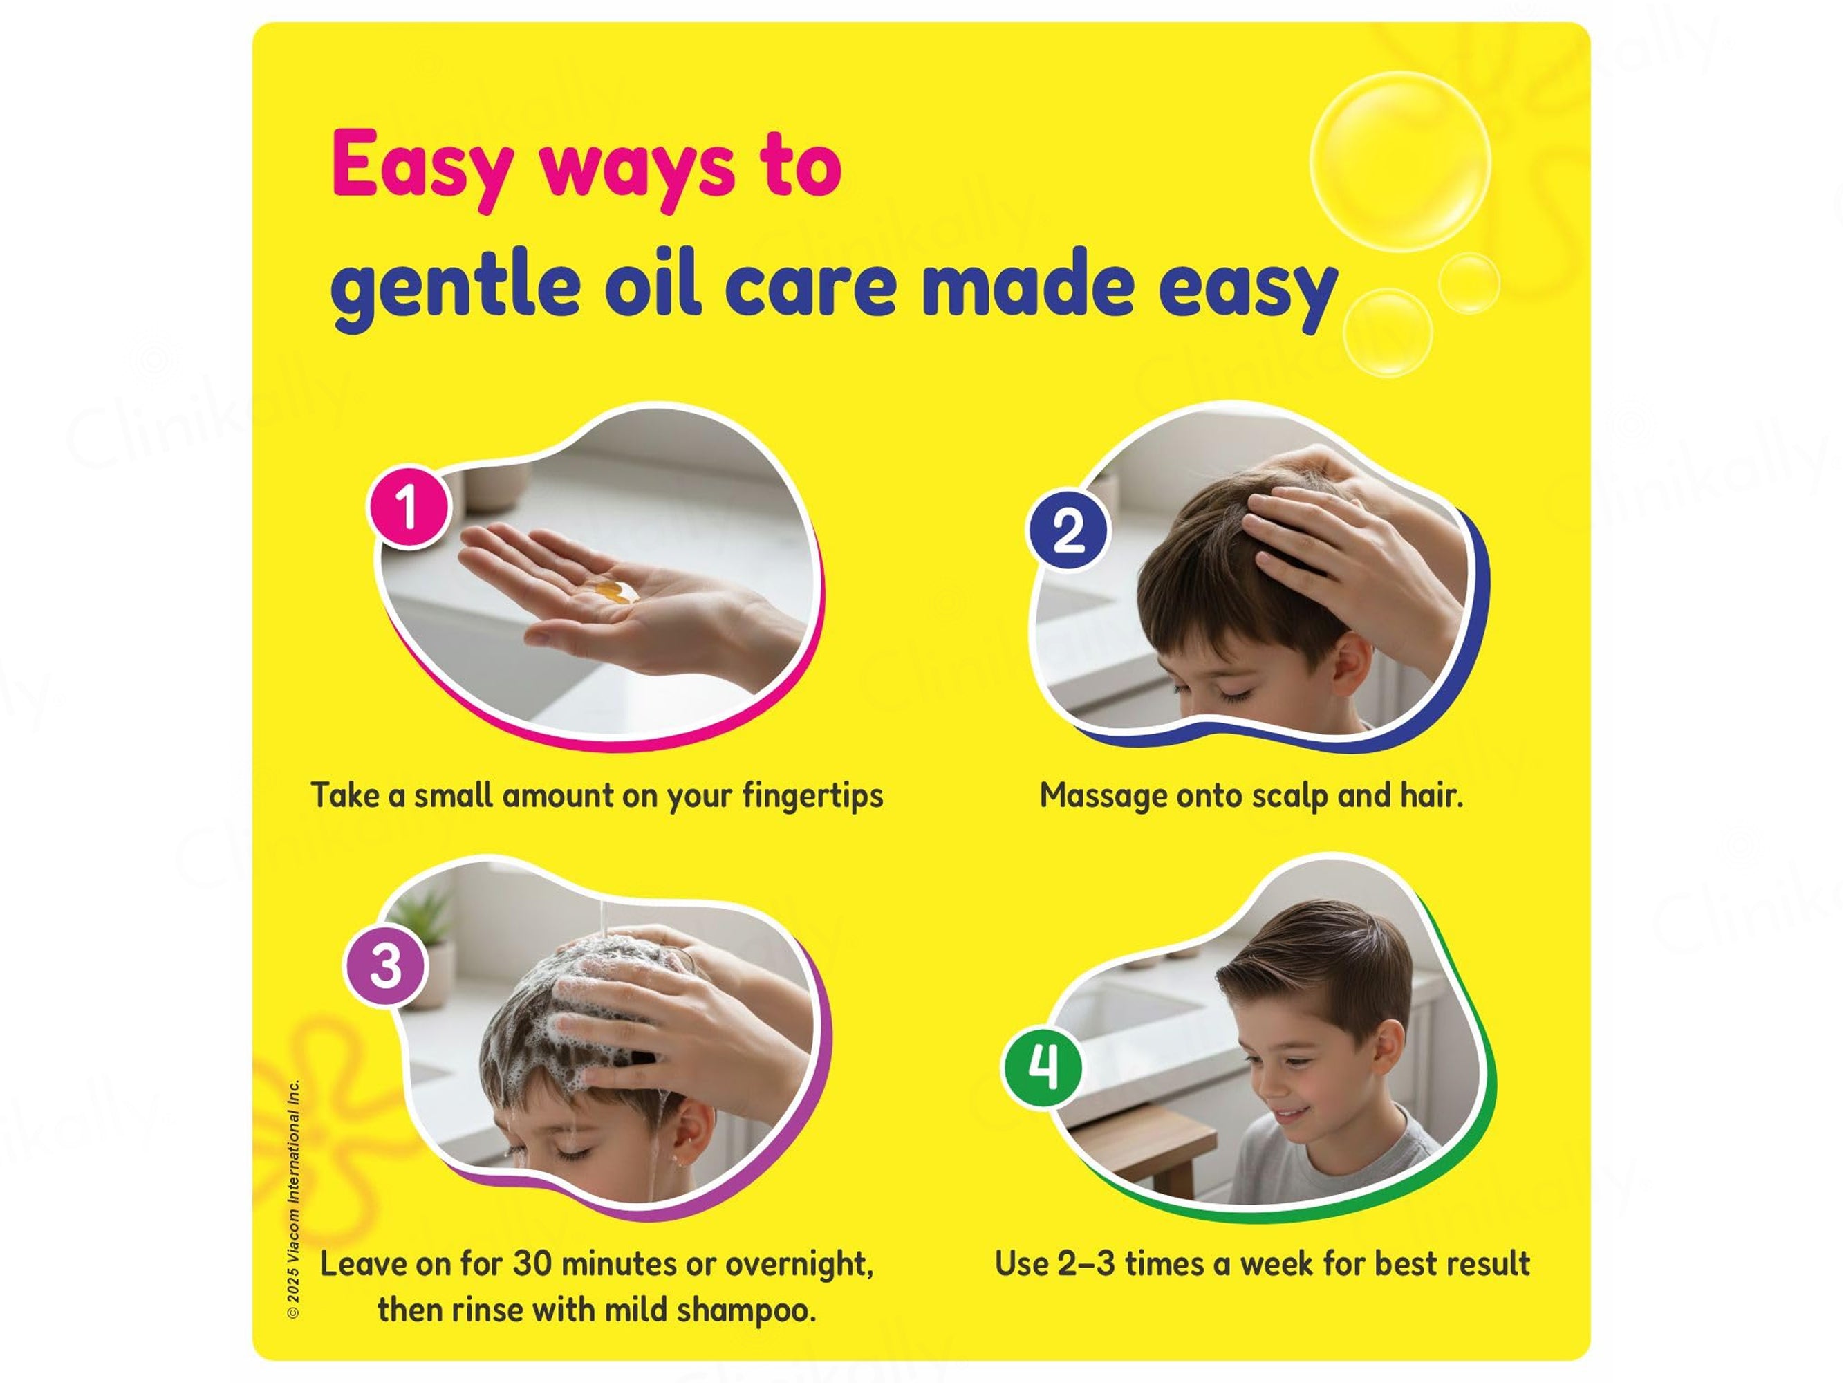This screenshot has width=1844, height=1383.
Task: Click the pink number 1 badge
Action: coord(409,506)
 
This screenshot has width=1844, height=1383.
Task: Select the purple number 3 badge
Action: coord(386,967)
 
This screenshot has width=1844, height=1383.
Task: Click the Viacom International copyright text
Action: coord(292,1200)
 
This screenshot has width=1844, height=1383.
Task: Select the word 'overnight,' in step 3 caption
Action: coord(799,1265)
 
